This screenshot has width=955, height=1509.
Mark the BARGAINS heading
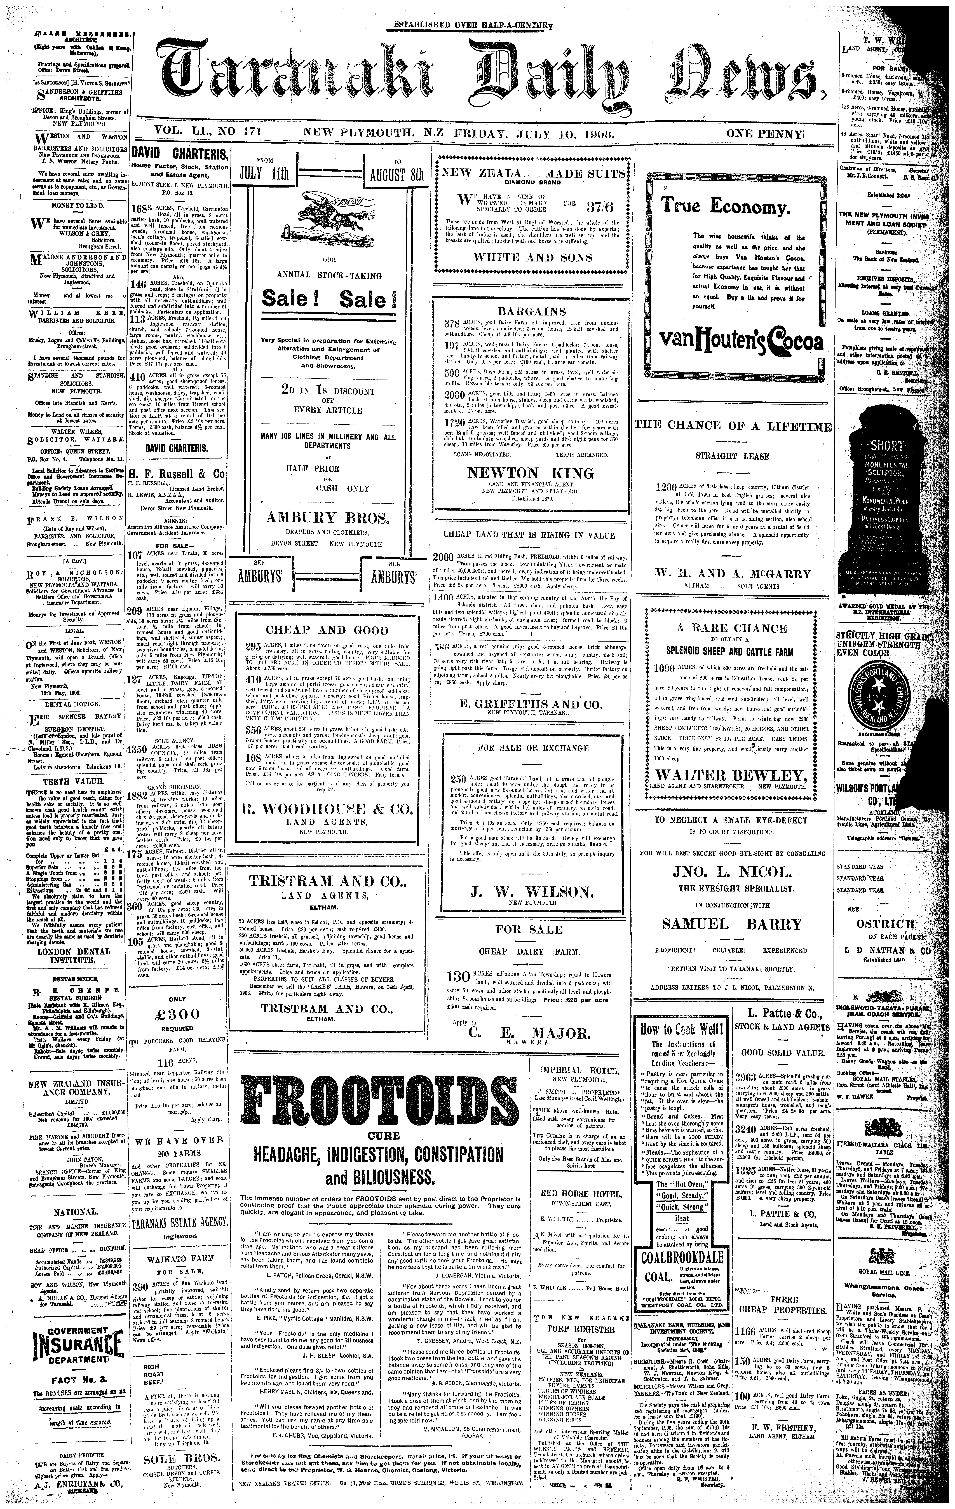[x=532, y=312]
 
